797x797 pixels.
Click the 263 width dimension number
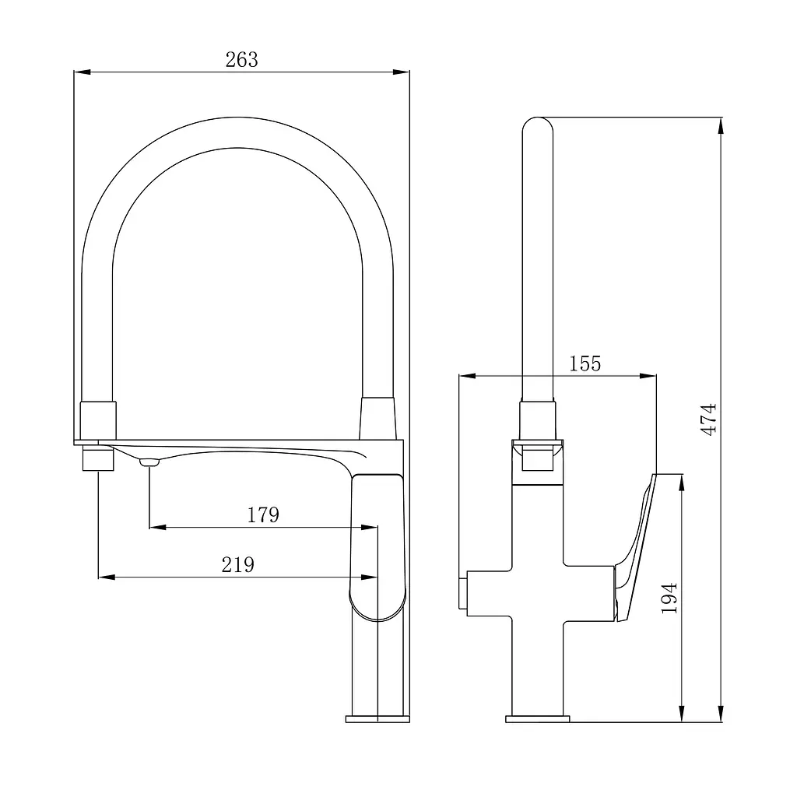pyautogui.click(x=242, y=60)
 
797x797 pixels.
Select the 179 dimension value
pyautogui.click(x=263, y=515)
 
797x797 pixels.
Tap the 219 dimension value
pyautogui.click(x=238, y=565)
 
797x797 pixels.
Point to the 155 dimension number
pyautogui.click(x=585, y=363)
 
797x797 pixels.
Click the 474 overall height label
pyautogui.click(x=709, y=419)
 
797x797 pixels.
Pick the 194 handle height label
pyautogui.click(x=669, y=599)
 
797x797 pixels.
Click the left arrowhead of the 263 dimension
pyautogui.click(x=82, y=72)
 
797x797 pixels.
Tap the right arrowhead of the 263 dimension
pyautogui.click(x=402, y=72)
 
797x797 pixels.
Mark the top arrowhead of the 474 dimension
pyautogui.click(x=720, y=125)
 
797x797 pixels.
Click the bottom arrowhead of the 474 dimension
pyautogui.click(x=720, y=713)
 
